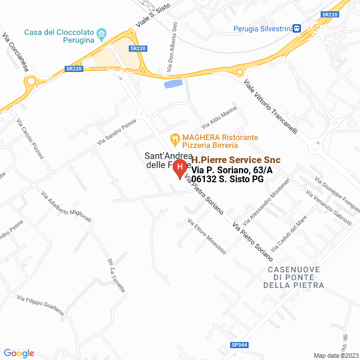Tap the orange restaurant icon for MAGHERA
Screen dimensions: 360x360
pyautogui.click(x=175, y=138)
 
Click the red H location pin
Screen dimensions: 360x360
pyautogui.click(x=179, y=168)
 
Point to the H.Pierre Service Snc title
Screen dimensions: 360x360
pyautogui.click(x=236, y=160)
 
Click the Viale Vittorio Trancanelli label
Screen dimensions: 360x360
pyautogui.click(x=271, y=106)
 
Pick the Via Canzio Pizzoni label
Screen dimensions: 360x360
pyautogui.click(x=30, y=139)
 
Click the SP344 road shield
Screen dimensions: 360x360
pyautogui.click(x=239, y=345)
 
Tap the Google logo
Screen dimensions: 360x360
pyautogui.click(x=19, y=353)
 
